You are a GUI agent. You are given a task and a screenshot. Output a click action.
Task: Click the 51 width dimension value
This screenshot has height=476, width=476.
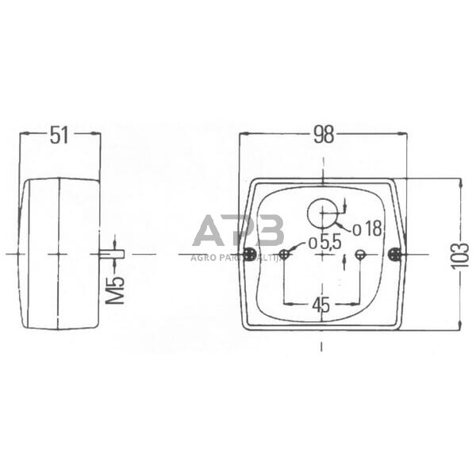pos(60,135)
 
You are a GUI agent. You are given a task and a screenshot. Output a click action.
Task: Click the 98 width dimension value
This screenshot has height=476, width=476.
pos(323,135)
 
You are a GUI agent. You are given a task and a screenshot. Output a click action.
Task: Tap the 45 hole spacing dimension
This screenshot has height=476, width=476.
pos(321,304)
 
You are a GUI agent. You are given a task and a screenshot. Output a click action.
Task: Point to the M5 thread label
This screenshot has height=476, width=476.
pos(116,290)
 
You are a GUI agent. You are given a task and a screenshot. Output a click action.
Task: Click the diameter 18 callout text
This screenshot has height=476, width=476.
pos(367,229)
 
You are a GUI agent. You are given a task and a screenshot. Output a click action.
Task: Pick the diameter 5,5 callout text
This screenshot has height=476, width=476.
pos(324,242)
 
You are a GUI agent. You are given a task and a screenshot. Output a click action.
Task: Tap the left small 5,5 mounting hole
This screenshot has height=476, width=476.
pos(284,254)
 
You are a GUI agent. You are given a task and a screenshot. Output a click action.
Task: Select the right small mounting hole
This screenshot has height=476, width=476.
pos(360,254)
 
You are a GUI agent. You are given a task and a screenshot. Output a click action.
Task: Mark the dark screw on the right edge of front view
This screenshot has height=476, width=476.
pos(394,254)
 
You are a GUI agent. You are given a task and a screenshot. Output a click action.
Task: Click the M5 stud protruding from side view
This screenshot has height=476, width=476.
pos(113,254)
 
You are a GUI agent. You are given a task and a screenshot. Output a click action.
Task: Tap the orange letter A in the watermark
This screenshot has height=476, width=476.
pos(210,230)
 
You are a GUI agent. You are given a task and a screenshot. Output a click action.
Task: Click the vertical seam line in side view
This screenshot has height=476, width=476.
pos(59,254)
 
